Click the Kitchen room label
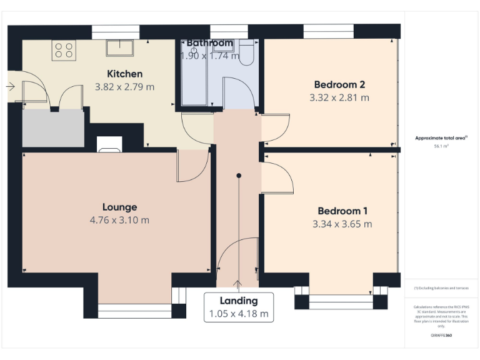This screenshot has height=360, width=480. pyautogui.click(x=124, y=74)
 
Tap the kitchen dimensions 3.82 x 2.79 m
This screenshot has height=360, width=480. pyautogui.click(x=124, y=87)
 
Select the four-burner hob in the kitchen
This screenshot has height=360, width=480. pyautogui.click(x=63, y=49)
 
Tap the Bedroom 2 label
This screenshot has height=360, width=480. pyautogui.click(x=339, y=84)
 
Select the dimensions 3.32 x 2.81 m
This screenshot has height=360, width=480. pyautogui.click(x=339, y=97)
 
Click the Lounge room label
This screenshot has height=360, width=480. pyautogui.click(x=119, y=207)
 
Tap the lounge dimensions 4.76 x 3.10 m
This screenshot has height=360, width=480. pyautogui.click(x=119, y=220)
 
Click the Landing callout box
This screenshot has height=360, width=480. pyautogui.click(x=238, y=307)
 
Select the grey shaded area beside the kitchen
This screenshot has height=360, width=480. pyautogui.click(x=53, y=129)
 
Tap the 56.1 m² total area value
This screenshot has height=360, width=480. pyautogui.click(x=442, y=146)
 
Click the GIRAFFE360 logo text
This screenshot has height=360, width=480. pyautogui.click(x=441, y=336)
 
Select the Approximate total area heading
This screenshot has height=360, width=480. pyautogui.click(x=441, y=138)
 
